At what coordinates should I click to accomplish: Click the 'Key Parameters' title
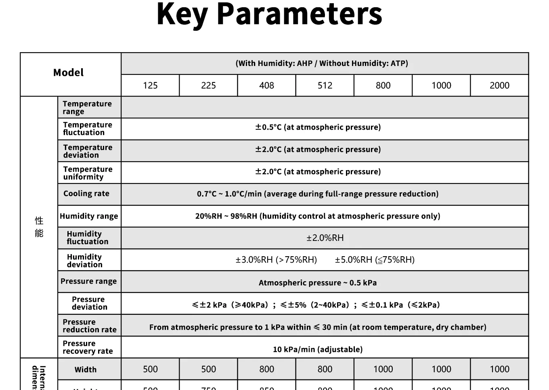coord(269,15)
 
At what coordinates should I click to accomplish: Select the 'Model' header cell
coord(69,73)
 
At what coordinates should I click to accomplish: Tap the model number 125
coord(150,86)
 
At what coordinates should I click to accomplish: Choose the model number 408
coord(266,86)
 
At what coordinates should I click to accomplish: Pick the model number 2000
coord(499,86)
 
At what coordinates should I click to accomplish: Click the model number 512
coord(325,86)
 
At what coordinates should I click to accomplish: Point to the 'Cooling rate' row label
coord(86,194)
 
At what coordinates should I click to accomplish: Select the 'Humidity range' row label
coord(89,216)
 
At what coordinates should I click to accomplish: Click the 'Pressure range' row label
coord(88,281)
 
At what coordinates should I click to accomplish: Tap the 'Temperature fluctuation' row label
coord(88,129)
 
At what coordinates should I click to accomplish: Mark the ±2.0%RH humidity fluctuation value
coord(325,238)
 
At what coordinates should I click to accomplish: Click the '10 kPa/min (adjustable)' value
coord(318,350)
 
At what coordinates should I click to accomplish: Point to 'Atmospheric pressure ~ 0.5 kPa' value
coord(318,283)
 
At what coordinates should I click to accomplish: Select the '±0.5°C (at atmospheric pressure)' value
coord(318,127)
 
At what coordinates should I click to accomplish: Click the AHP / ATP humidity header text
coord(322,63)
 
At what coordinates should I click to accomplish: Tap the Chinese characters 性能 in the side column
coord(39,227)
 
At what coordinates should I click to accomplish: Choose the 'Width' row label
coord(86,370)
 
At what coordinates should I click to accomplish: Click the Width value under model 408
coord(266,369)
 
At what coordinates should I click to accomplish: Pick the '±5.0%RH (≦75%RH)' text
coord(375,260)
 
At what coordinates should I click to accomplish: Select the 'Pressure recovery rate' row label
coord(88,347)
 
